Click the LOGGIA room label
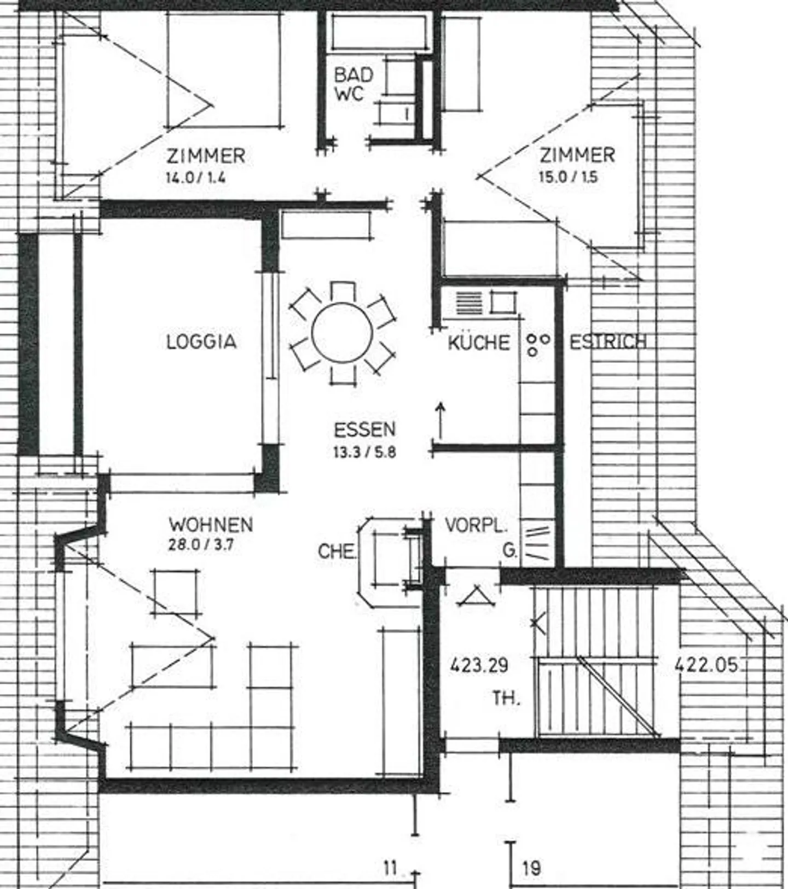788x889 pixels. tap(201, 342)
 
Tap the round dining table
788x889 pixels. tap(343, 333)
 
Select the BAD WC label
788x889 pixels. tap(353, 84)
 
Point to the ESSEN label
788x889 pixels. tap(364, 429)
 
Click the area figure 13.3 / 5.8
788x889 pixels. tap(364, 452)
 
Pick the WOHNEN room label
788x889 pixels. tap(211, 525)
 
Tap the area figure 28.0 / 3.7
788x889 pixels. tap(201, 545)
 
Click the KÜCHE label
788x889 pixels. tap(479, 343)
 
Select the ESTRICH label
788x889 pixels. tap(608, 342)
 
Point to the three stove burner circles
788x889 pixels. tap(537, 344)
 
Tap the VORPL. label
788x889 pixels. tap(476, 525)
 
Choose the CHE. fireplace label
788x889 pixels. tap(337, 551)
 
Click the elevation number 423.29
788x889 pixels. tap(479, 665)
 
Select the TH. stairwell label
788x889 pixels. tap(506, 699)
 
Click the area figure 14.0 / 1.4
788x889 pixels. tap(196, 177)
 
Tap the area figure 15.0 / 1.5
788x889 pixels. tap(569, 177)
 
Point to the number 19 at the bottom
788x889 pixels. tap(531, 868)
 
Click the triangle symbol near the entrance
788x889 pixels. tap(476, 596)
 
